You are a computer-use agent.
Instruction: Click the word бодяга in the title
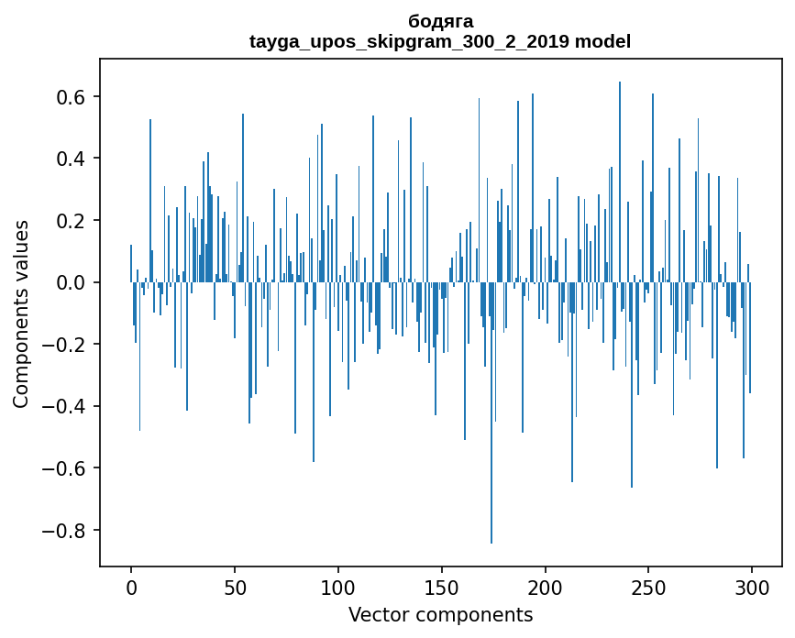[440, 21]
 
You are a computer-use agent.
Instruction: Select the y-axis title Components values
[21, 313]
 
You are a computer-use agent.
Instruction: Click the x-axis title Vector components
[440, 614]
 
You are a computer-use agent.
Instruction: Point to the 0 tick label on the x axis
[131, 587]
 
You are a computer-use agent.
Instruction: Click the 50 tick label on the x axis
[235, 587]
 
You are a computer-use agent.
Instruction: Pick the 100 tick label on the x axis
[338, 587]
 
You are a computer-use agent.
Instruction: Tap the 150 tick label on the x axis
[442, 587]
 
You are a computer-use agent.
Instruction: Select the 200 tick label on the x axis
[546, 587]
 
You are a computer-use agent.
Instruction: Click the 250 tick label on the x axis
[649, 587]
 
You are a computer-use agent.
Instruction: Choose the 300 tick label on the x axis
[753, 587]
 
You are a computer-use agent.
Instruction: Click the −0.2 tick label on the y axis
[69, 345]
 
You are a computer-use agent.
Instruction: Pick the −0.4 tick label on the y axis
[69, 406]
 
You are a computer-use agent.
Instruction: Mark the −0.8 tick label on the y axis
[69, 531]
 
